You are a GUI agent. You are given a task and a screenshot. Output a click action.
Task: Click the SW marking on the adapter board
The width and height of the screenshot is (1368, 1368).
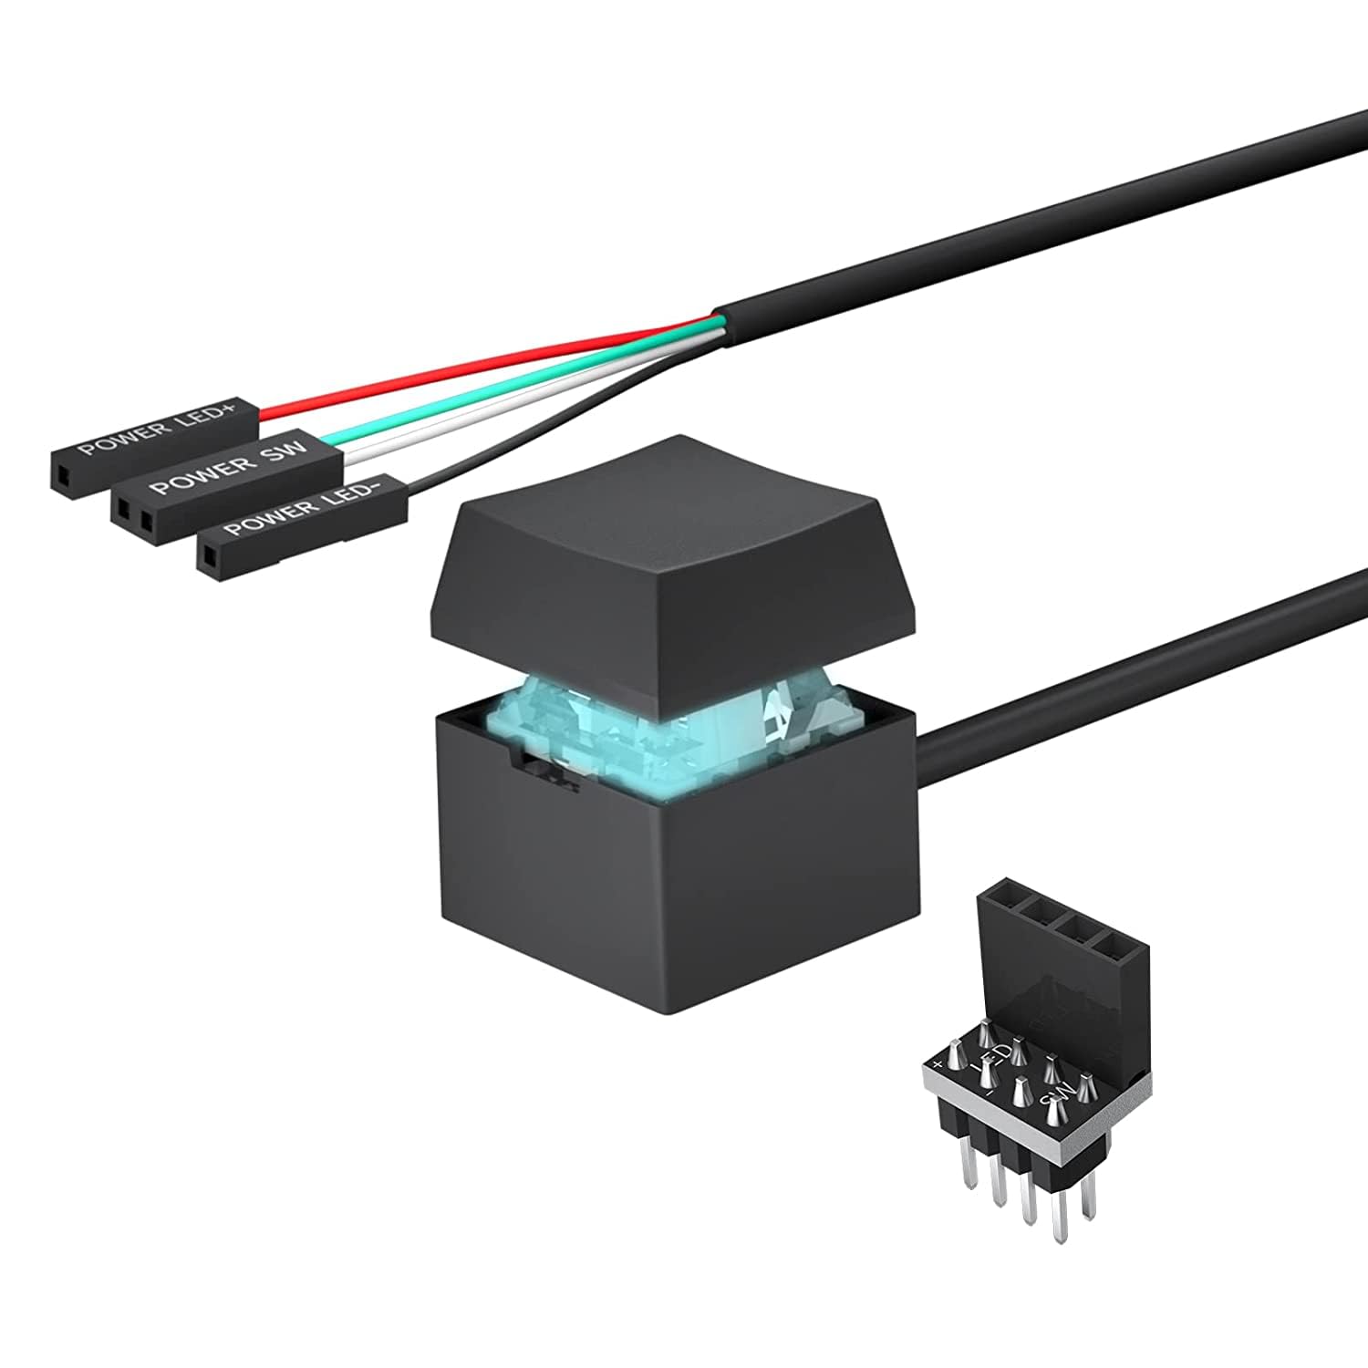(1056, 1094)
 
